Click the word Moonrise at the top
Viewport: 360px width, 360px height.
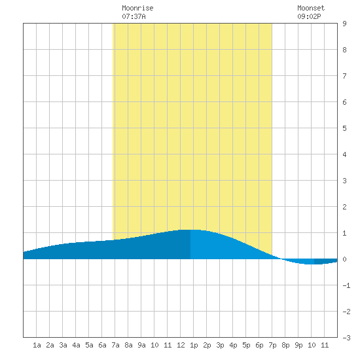(x=137, y=8)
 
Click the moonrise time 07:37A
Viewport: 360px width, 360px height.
(x=134, y=16)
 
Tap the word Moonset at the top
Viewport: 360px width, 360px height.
(x=311, y=8)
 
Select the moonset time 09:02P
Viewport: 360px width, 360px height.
(x=309, y=16)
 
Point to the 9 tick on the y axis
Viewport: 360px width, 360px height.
(x=344, y=24)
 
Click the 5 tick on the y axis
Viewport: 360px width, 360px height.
(x=344, y=128)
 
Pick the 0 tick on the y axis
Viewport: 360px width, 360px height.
(x=344, y=259)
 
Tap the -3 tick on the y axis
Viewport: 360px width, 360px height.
(x=346, y=338)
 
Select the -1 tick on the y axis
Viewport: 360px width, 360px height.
(x=346, y=285)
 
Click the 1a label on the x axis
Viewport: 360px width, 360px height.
(x=37, y=345)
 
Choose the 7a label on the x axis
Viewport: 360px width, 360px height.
(x=115, y=345)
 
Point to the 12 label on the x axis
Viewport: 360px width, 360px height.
(x=181, y=345)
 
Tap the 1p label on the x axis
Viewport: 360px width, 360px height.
(x=194, y=345)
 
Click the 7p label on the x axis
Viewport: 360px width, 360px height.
(x=272, y=345)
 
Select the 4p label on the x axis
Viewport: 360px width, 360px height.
(x=233, y=345)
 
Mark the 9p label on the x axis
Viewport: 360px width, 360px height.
(x=298, y=345)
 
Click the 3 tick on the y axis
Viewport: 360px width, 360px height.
(x=344, y=181)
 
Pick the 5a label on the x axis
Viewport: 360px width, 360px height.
(x=89, y=345)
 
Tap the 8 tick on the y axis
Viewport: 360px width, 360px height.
(x=344, y=50)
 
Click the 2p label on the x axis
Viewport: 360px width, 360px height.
(x=207, y=345)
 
